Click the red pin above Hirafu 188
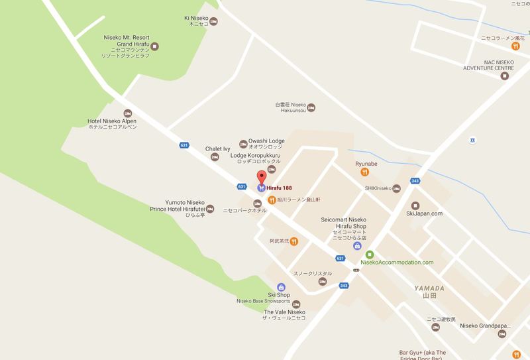(262, 178)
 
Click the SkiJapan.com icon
(415, 205)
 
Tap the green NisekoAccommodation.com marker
(370, 255)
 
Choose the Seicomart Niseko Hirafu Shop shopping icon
(358, 246)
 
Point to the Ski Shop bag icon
(280, 286)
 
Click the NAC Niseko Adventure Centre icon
(503, 76)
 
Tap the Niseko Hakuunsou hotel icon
(313, 107)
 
